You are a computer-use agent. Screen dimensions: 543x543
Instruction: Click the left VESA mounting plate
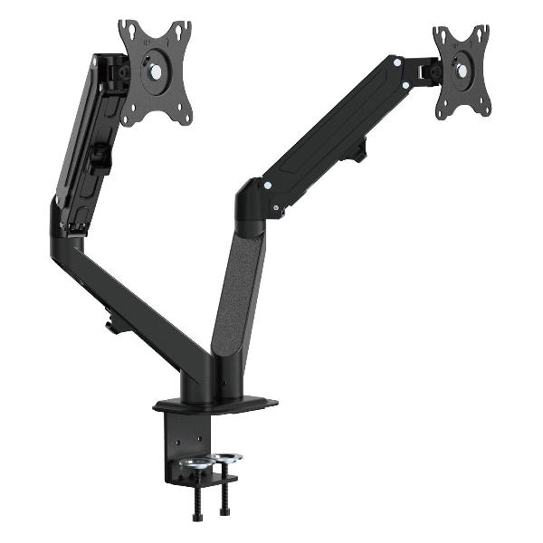coord(156,72)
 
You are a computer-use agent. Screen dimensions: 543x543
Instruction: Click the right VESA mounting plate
coord(462,71)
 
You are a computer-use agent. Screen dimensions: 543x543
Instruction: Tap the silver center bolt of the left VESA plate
coord(157,70)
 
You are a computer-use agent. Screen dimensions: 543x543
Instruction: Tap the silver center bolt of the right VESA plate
coord(462,69)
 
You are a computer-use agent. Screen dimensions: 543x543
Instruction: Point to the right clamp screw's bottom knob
coord(224,511)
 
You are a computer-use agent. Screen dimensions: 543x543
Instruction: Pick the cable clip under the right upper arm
coord(357,149)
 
